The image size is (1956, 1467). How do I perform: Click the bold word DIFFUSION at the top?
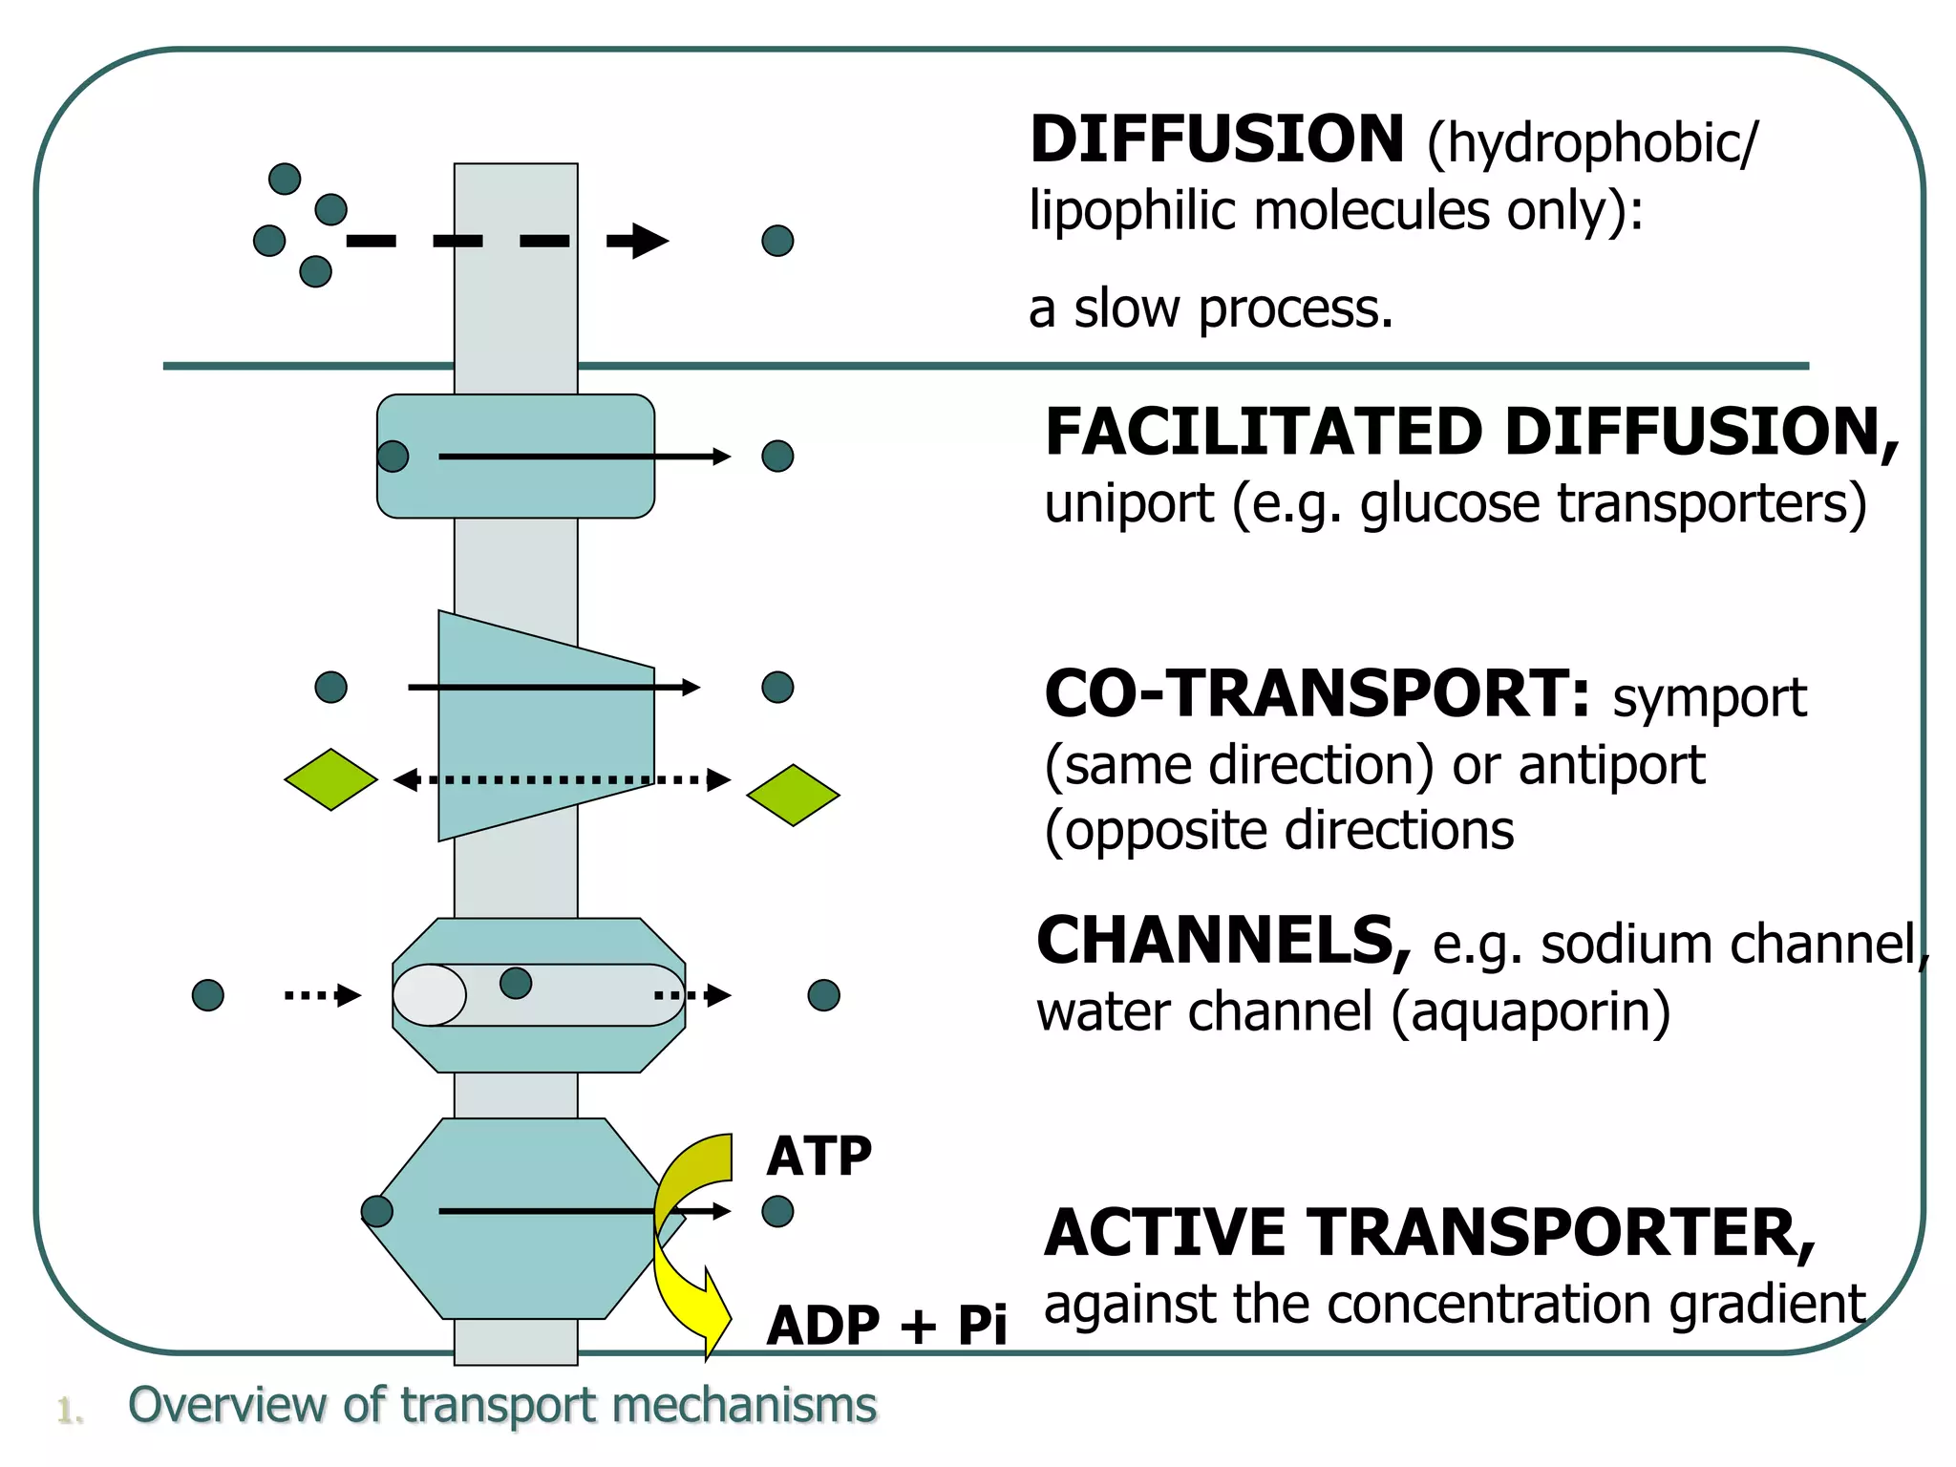pyautogui.click(x=1216, y=140)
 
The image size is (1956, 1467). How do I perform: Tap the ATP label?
pyautogui.click(x=819, y=1157)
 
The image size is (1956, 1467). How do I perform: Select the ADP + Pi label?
pyautogui.click(x=885, y=1326)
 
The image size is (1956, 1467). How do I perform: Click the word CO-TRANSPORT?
pyautogui.click(x=1317, y=694)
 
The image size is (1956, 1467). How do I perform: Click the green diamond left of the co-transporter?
pyautogui.click(x=330, y=779)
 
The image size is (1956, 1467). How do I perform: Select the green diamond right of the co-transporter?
pyautogui.click(x=793, y=795)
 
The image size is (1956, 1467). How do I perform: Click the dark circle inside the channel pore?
pyautogui.click(x=516, y=983)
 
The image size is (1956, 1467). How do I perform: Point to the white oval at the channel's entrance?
pyautogui.click(x=430, y=995)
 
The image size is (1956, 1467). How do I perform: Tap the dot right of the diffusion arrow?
pyautogui.click(x=777, y=241)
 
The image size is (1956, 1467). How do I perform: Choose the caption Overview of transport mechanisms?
pyautogui.click(x=501, y=1406)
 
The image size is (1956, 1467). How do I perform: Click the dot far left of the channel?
pyautogui.click(x=208, y=995)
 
